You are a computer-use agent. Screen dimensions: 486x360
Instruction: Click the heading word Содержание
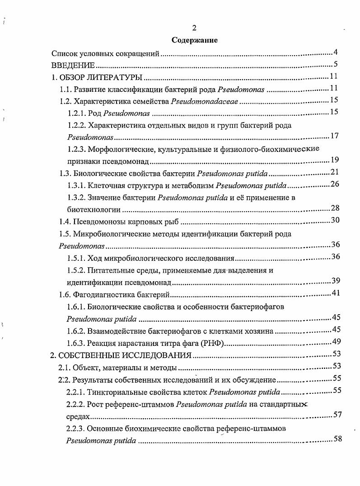[195, 40]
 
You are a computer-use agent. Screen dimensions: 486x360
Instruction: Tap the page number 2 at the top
[194, 28]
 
